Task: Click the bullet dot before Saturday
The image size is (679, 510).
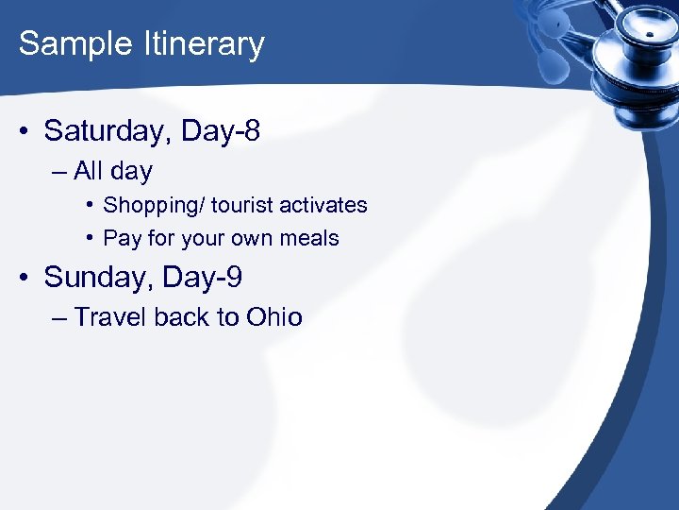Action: point(25,132)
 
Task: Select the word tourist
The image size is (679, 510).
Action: point(242,205)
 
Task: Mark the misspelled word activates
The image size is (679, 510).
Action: point(323,205)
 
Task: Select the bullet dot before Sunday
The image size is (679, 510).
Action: point(25,278)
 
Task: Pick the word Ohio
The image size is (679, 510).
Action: point(274,317)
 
